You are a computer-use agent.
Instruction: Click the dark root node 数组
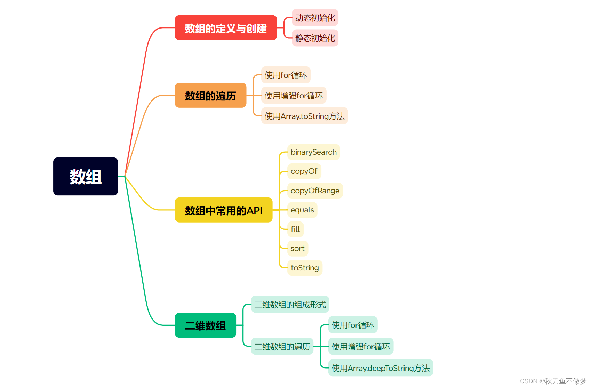(86, 176)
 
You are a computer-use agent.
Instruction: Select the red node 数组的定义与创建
(226, 28)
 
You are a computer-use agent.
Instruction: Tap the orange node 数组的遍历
(210, 95)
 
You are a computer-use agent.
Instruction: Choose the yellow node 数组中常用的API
(223, 210)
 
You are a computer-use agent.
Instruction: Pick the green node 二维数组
(205, 325)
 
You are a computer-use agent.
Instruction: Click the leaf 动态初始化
(315, 18)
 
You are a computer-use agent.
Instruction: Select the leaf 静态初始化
(315, 38)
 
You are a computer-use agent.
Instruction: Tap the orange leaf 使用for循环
(286, 75)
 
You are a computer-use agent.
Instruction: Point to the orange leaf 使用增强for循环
(294, 95)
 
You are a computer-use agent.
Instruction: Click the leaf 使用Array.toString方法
(304, 116)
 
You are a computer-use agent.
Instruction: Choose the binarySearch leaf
(313, 152)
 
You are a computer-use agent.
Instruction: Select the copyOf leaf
(304, 171)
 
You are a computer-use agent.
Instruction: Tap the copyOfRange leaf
(315, 191)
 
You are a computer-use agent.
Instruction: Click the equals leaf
(302, 210)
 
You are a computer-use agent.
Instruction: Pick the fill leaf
(295, 229)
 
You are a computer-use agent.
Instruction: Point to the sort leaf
(297, 248)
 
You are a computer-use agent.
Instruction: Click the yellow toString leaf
(305, 268)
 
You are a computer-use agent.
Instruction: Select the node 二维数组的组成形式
(290, 305)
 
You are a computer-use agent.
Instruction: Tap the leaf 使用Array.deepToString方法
(381, 368)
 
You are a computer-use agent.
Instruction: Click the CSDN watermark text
(553, 381)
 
